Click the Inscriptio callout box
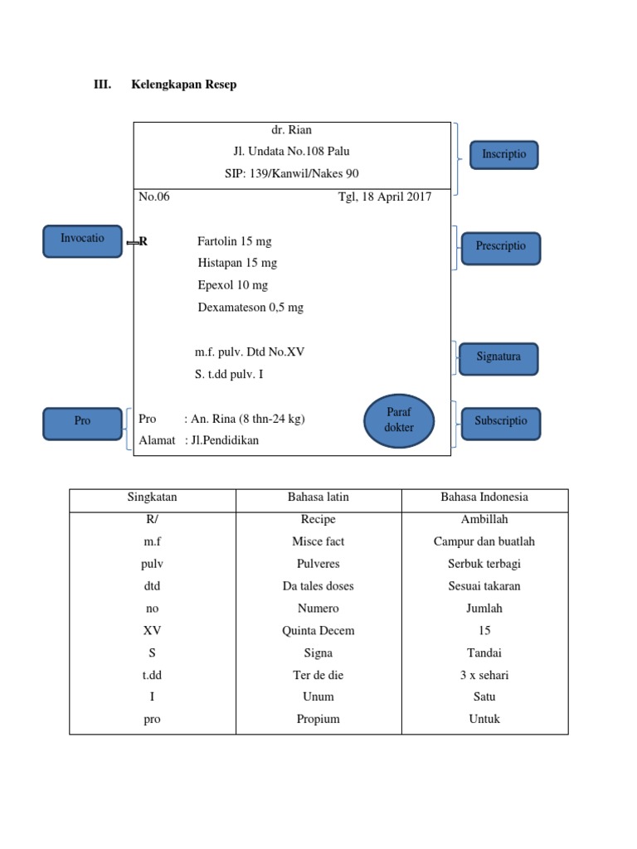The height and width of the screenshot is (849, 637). click(x=504, y=155)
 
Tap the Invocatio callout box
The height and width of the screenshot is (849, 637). click(x=82, y=239)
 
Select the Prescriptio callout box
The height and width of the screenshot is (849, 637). click(x=500, y=247)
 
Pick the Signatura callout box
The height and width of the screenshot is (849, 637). click(x=498, y=357)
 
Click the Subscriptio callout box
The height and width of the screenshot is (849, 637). click(x=500, y=421)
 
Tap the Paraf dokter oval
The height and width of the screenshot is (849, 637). click(x=398, y=420)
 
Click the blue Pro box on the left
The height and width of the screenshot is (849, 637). click(x=82, y=421)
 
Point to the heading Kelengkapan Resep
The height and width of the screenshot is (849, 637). click(x=183, y=85)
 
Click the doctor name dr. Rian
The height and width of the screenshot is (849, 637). click(x=292, y=130)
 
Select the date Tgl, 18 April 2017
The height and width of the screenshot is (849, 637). click(x=384, y=197)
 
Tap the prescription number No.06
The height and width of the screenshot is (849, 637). click(x=154, y=197)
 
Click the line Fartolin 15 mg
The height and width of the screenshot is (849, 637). click(x=234, y=241)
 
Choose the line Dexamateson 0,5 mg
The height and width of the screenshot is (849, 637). click(x=250, y=308)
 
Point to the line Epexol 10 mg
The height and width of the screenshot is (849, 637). click(x=232, y=285)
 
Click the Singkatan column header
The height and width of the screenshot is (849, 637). click(x=152, y=497)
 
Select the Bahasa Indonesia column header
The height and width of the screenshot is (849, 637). click(x=484, y=497)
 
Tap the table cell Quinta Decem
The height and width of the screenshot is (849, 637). click(x=318, y=631)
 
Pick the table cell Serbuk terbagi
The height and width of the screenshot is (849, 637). click(x=484, y=564)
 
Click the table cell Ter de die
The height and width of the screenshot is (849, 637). click(x=318, y=675)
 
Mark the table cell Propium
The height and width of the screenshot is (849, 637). click(x=318, y=720)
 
